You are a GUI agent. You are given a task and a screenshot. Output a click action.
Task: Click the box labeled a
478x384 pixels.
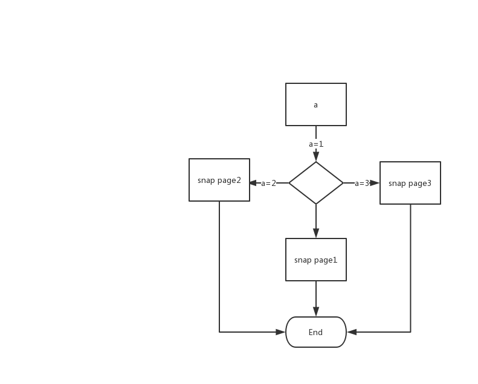pos(315,104)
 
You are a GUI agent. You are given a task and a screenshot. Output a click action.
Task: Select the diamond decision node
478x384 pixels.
pos(315,183)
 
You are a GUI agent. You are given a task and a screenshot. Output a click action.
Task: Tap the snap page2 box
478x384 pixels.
pos(219,180)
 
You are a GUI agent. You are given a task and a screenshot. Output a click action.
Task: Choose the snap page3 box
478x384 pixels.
pos(410,183)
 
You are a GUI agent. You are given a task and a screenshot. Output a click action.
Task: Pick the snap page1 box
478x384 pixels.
pos(315,260)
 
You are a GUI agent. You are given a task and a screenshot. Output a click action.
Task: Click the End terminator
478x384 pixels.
pos(315,332)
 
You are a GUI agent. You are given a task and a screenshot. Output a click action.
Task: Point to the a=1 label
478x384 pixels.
pos(315,144)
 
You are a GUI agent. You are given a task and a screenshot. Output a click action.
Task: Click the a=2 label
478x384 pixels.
pos(268,184)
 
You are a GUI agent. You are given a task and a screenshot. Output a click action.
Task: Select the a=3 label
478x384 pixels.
pos(361,184)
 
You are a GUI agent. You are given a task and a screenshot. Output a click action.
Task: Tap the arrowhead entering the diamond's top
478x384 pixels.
pos(315,156)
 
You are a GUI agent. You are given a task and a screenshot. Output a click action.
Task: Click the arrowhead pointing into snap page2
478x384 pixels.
pos(253,183)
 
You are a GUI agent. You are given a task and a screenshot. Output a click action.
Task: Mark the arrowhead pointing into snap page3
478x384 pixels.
pos(375,183)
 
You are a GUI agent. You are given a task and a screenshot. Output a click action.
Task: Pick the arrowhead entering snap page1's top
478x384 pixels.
pos(315,233)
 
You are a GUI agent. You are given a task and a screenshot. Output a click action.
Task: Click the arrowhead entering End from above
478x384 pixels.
pos(315,312)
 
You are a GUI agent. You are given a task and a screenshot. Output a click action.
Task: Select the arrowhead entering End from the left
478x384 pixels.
pos(280,332)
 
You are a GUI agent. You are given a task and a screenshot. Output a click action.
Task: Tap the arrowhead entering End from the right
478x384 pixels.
pos(352,332)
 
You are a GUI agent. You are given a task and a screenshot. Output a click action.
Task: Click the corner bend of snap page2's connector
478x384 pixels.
pos(219,332)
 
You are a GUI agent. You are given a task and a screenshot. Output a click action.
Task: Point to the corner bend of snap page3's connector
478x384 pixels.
pos(410,332)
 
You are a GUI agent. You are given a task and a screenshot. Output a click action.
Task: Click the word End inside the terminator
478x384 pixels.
pos(315,333)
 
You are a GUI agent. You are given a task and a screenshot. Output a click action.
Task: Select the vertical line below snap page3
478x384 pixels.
pos(410,266)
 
